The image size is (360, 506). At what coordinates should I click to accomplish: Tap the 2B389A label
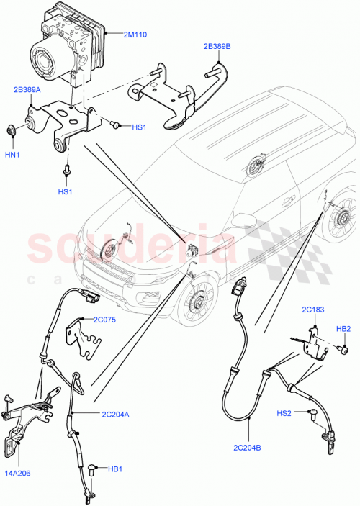27,90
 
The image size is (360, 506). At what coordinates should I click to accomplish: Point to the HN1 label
13,155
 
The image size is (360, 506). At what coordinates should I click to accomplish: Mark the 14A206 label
18,474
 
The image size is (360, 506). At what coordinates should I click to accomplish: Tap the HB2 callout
344,328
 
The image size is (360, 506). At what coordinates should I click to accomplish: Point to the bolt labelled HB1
91,469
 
